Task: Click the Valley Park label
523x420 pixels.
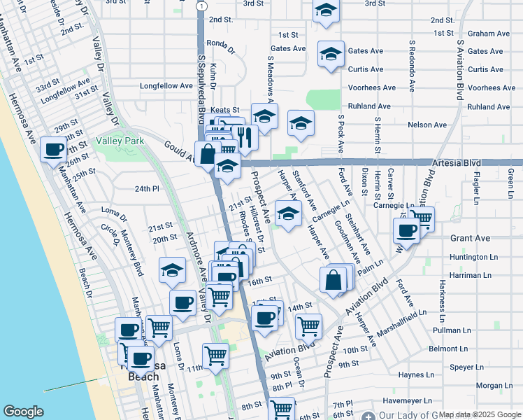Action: tap(120, 141)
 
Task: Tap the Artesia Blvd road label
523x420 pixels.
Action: tap(457, 162)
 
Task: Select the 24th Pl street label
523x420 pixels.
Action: tap(148, 189)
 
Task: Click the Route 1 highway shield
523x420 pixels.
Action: tap(201, 6)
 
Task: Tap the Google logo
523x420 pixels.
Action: tap(23, 412)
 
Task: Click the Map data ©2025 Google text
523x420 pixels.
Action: tap(480, 414)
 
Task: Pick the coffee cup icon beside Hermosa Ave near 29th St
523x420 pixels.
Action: tap(53, 149)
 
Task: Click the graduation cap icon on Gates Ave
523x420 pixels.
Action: tap(331, 54)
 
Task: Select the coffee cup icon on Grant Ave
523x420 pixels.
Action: tap(406, 230)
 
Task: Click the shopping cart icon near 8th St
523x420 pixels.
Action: tap(282, 408)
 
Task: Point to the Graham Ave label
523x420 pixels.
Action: tap(489, 34)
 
